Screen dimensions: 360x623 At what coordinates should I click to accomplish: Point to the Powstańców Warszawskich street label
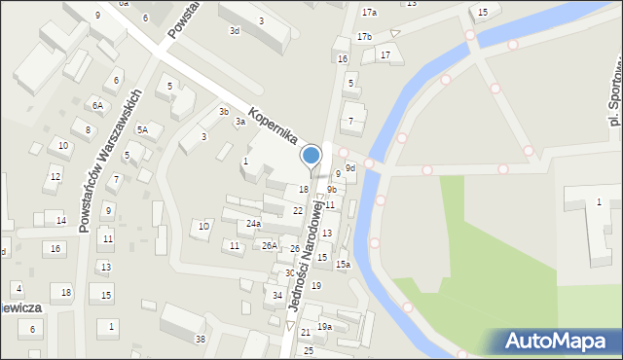[110, 162]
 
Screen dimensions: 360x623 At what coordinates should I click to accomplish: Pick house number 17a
[369, 13]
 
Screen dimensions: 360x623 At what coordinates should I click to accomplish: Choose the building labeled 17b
[364, 37]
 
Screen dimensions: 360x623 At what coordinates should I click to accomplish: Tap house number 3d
[234, 31]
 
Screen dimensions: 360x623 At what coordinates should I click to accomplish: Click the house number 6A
[97, 105]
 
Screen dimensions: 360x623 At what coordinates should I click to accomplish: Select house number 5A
[142, 129]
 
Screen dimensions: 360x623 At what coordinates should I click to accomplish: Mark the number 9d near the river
[350, 168]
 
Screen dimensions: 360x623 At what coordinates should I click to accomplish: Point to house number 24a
[253, 224]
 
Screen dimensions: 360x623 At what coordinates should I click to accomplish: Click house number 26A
[269, 246]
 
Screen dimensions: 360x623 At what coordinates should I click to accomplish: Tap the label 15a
[343, 265]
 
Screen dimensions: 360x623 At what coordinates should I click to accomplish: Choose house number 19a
[324, 327]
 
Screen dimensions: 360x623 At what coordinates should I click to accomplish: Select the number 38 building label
[201, 339]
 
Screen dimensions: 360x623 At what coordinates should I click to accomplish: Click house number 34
[277, 296]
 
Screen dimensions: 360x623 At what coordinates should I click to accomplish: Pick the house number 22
[298, 211]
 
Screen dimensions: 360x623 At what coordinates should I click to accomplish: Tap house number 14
[60, 221]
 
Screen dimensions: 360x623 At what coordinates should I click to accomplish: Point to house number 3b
[224, 112]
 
